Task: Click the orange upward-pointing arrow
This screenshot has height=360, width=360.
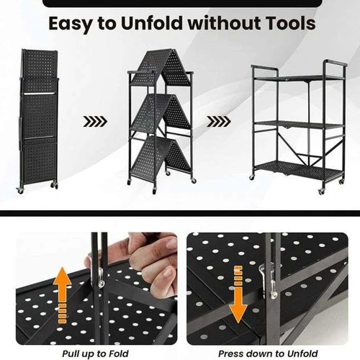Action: [63, 295]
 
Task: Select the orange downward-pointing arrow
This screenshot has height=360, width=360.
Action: [238, 294]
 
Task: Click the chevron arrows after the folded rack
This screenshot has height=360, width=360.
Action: [95, 122]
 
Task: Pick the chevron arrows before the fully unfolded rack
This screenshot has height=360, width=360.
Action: [219, 122]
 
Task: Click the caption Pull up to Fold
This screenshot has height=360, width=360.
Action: [95, 354]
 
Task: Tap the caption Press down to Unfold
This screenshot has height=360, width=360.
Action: [268, 354]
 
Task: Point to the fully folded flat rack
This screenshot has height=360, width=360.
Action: [39, 120]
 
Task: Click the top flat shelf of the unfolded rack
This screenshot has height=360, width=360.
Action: [299, 78]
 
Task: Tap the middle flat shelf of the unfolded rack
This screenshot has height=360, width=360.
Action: [299, 125]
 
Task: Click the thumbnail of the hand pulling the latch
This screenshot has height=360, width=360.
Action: [96, 289]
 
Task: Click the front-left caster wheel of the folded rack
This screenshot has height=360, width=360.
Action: [21, 191]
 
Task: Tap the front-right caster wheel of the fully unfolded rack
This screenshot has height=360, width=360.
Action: [321, 192]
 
